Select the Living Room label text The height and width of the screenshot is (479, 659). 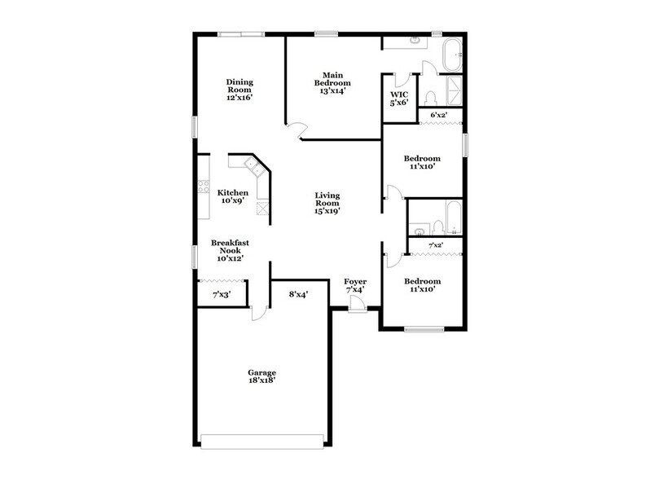point(327,201)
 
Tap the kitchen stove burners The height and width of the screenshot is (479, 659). point(202,193)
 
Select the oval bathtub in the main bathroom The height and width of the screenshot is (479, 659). point(450,57)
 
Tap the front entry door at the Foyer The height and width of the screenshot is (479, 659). point(356,304)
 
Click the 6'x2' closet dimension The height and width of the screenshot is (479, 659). point(441,116)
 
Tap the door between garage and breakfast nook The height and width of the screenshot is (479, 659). point(259,310)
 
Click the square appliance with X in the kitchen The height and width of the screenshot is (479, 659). point(262,208)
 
